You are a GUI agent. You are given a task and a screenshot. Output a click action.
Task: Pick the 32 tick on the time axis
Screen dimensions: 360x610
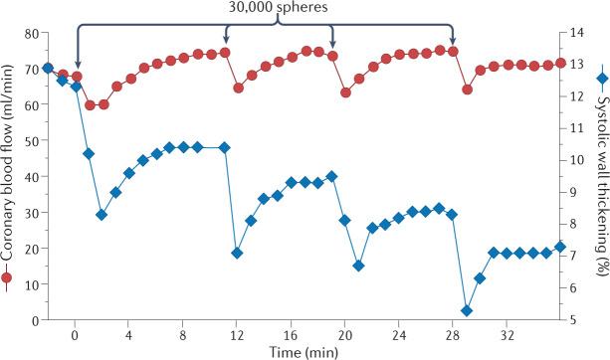pos(507,335)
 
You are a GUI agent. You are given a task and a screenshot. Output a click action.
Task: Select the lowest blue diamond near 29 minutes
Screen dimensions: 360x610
pos(467,310)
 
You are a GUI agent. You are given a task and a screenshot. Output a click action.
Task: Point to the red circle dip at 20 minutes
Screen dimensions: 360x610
pos(345,92)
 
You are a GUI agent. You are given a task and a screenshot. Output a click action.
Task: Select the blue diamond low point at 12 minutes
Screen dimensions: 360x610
pos(238,253)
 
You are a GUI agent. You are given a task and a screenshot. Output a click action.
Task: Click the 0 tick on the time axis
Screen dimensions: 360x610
pos(76,335)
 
